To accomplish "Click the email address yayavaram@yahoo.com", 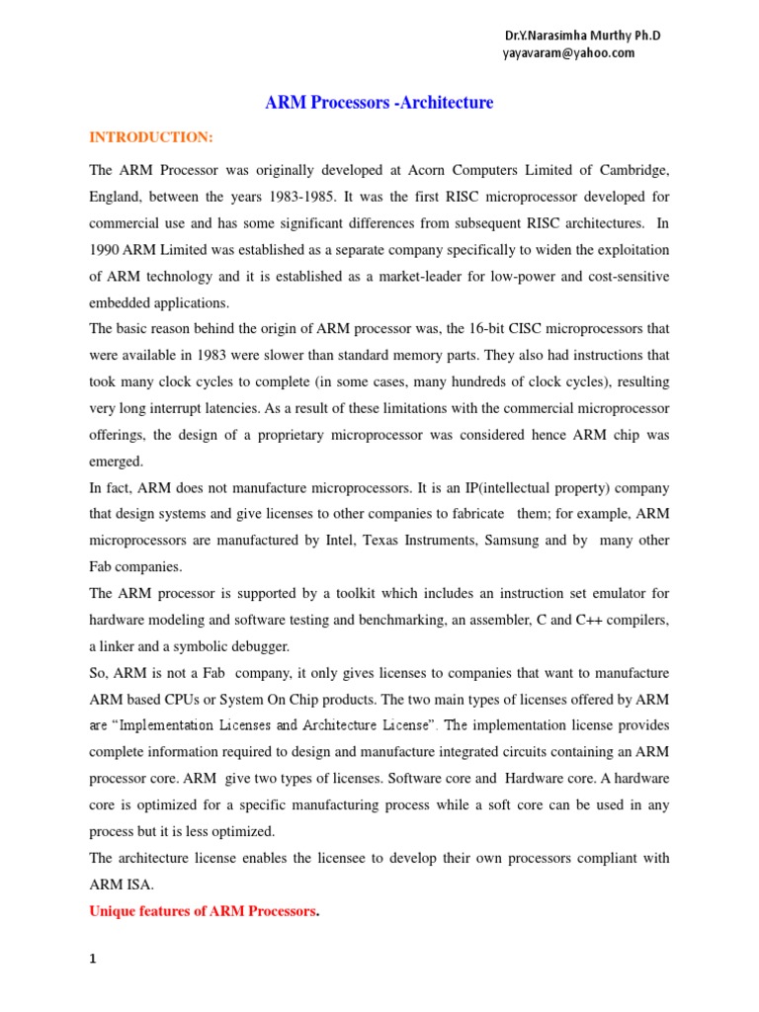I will [x=569, y=53].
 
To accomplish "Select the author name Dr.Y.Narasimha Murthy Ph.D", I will [x=582, y=36].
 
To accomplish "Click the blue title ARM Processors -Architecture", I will [x=379, y=103].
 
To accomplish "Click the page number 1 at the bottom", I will [x=93, y=958].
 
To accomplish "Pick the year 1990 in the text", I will [x=108, y=251].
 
